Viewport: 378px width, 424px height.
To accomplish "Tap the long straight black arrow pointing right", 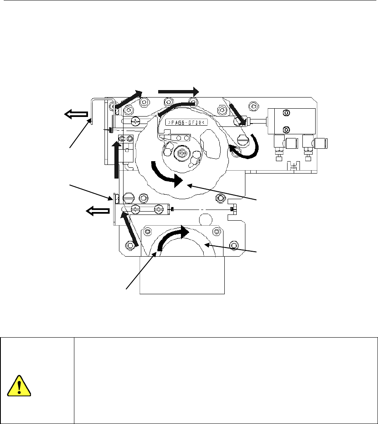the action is click(x=178, y=91).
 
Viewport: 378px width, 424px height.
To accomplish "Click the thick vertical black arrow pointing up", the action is click(x=116, y=158).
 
